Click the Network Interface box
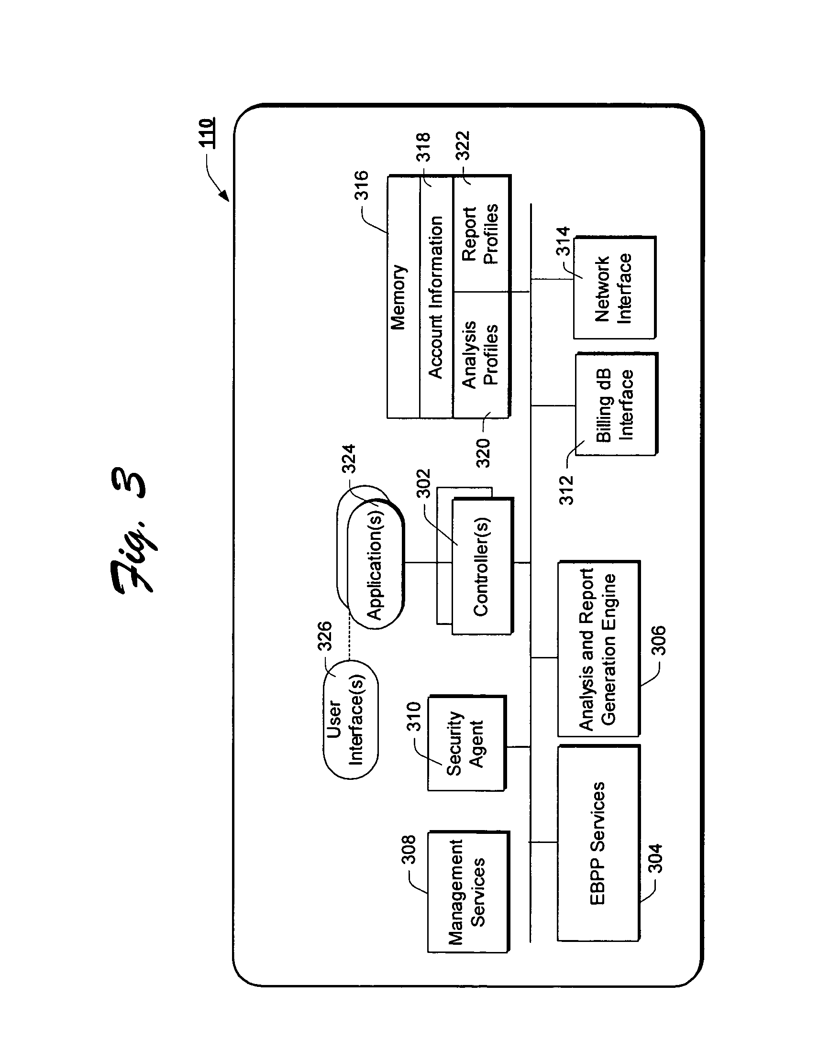614,287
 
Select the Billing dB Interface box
616,404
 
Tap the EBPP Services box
598,843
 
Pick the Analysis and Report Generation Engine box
598,648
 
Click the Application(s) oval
376,564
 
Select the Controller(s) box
483,566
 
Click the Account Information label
436,297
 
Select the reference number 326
324,636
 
